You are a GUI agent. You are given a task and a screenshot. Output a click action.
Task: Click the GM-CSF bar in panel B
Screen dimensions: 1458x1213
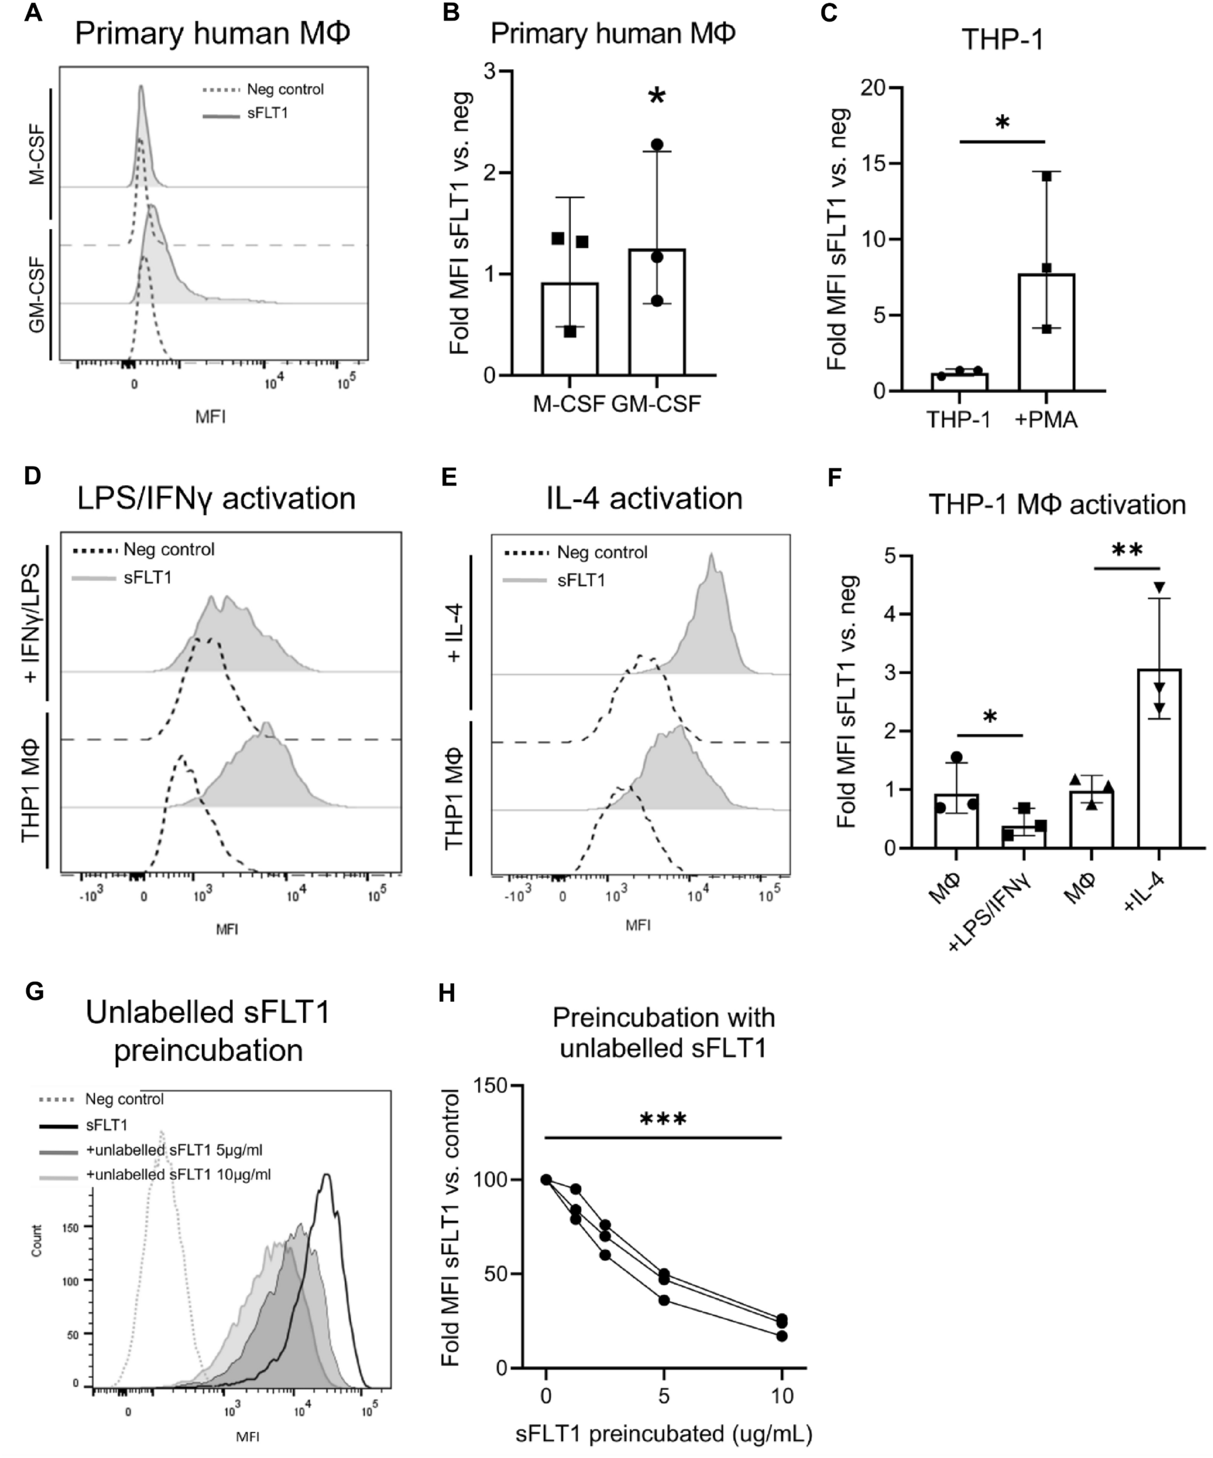point(656,312)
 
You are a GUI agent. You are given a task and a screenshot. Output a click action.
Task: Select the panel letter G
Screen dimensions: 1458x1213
point(34,991)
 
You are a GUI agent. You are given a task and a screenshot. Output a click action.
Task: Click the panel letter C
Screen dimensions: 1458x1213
point(829,13)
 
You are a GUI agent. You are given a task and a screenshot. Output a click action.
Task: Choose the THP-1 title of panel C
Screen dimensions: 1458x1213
point(1002,40)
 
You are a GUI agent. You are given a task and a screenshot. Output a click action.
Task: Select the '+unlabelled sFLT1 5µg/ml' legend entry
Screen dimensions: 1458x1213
point(174,1151)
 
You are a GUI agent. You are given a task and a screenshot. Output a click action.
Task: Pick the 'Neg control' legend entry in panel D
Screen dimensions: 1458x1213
point(169,550)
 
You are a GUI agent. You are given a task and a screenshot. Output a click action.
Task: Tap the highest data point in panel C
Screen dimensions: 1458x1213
point(1047,176)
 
